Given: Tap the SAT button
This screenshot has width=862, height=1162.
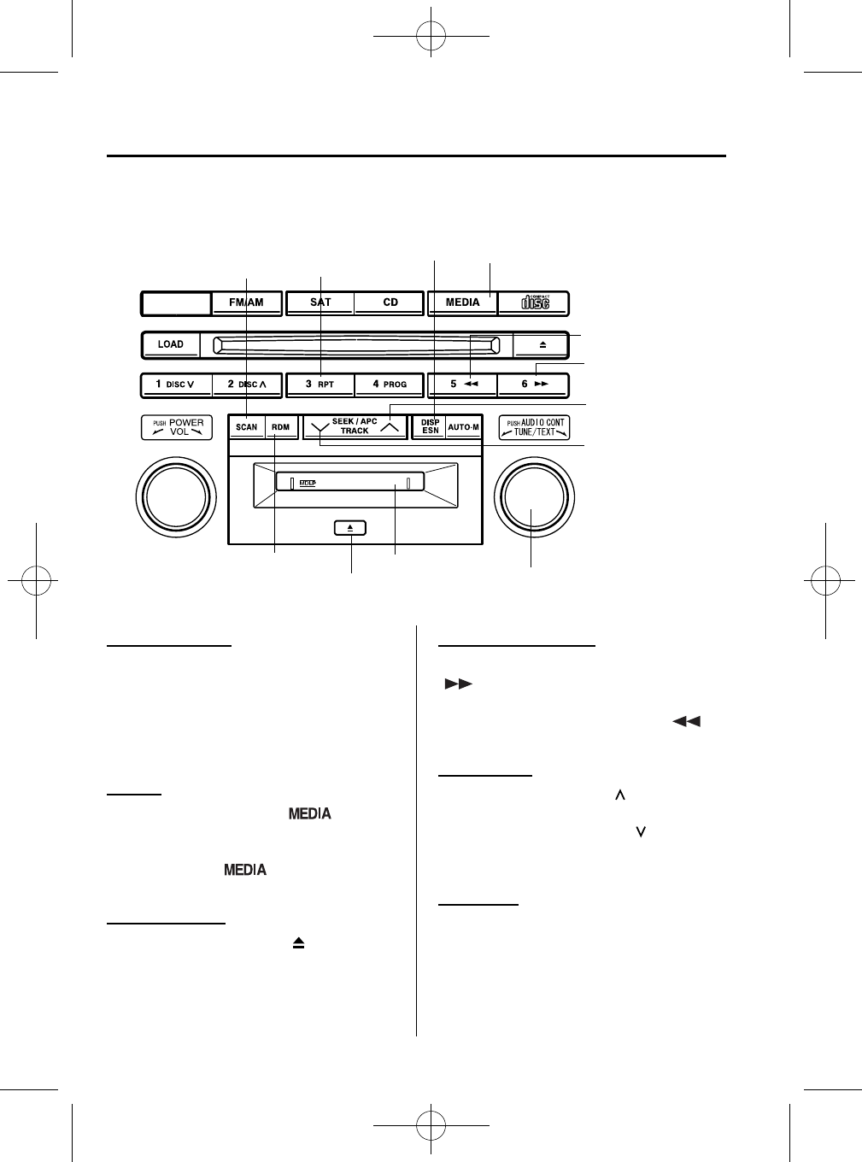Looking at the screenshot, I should (320, 302).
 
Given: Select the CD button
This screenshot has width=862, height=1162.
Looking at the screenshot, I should (390, 302).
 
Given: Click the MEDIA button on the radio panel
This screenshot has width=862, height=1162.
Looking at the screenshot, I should (462, 302).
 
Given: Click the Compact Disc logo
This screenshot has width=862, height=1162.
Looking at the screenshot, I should (535, 302).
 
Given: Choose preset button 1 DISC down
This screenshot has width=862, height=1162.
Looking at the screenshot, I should (176, 384).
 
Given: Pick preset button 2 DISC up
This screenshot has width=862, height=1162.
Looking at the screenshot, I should (247, 384).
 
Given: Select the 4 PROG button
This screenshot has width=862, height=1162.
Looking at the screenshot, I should (390, 384).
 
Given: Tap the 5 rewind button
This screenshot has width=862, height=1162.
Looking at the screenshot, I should (462, 384).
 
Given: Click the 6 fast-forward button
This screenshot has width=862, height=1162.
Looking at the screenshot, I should (534, 384).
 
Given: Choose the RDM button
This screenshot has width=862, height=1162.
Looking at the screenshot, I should (280, 427).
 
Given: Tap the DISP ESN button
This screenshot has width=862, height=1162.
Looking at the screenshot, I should (430, 427).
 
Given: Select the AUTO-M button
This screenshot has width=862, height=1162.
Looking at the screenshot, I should (464, 427).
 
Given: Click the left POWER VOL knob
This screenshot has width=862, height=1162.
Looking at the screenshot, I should (176, 496).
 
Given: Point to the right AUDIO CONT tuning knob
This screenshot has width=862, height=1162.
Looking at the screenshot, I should (534, 496).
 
